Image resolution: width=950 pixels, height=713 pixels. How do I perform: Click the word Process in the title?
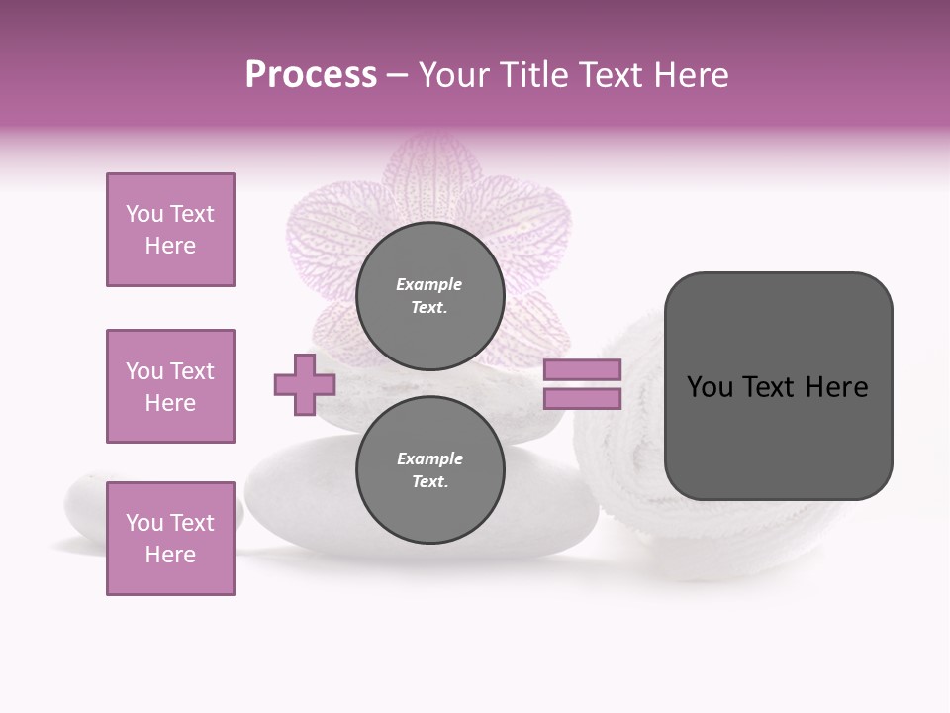pos(311,75)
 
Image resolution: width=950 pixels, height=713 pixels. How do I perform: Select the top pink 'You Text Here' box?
pos(170,230)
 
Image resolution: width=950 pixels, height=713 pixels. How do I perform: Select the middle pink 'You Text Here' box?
pos(170,386)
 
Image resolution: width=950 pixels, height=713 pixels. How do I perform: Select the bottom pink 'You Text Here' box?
pos(170,538)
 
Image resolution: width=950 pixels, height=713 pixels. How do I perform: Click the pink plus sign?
pos(305,384)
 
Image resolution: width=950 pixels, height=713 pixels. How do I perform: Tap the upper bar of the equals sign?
pos(582,370)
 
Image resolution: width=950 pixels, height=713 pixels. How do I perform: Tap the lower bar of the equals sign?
pos(582,399)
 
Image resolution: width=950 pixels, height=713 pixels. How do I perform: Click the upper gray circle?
pos(429,296)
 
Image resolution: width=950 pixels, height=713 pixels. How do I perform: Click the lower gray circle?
pos(429,470)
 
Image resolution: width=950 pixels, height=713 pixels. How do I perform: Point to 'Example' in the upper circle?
pos(428,285)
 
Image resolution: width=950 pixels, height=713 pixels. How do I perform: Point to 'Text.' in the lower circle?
pos(429,482)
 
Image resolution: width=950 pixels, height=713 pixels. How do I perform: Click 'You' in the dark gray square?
pos(709,387)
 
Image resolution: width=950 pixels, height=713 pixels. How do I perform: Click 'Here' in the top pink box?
pos(170,246)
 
